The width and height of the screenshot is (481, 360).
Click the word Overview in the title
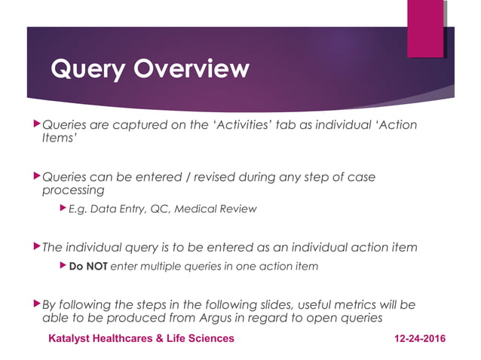point(190,69)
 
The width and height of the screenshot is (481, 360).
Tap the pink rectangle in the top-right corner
point(425,29)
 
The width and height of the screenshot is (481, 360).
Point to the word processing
point(73,191)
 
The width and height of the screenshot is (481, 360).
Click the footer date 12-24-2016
point(420,338)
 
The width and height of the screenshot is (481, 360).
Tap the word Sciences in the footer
point(211,338)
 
